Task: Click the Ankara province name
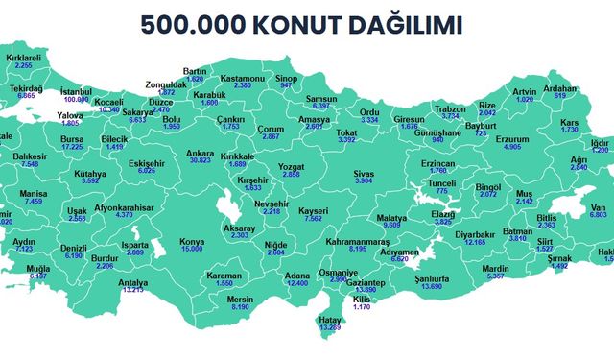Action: (x=200, y=153)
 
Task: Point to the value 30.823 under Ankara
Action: (x=200, y=161)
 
